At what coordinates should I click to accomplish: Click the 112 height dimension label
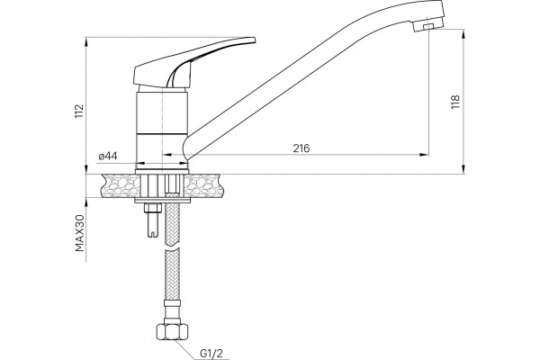point(79,111)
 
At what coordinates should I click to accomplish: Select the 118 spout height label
point(454,102)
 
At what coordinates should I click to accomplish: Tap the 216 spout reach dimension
point(301,148)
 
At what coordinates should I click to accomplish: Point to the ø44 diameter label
point(108,157)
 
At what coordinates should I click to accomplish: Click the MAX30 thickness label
point(79,233)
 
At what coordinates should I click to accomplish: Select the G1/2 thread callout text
point(211,354)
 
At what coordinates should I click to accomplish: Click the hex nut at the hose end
point(172,332)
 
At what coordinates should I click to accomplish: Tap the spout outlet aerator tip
point(427,28)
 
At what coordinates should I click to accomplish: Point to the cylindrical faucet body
point(162,128)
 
